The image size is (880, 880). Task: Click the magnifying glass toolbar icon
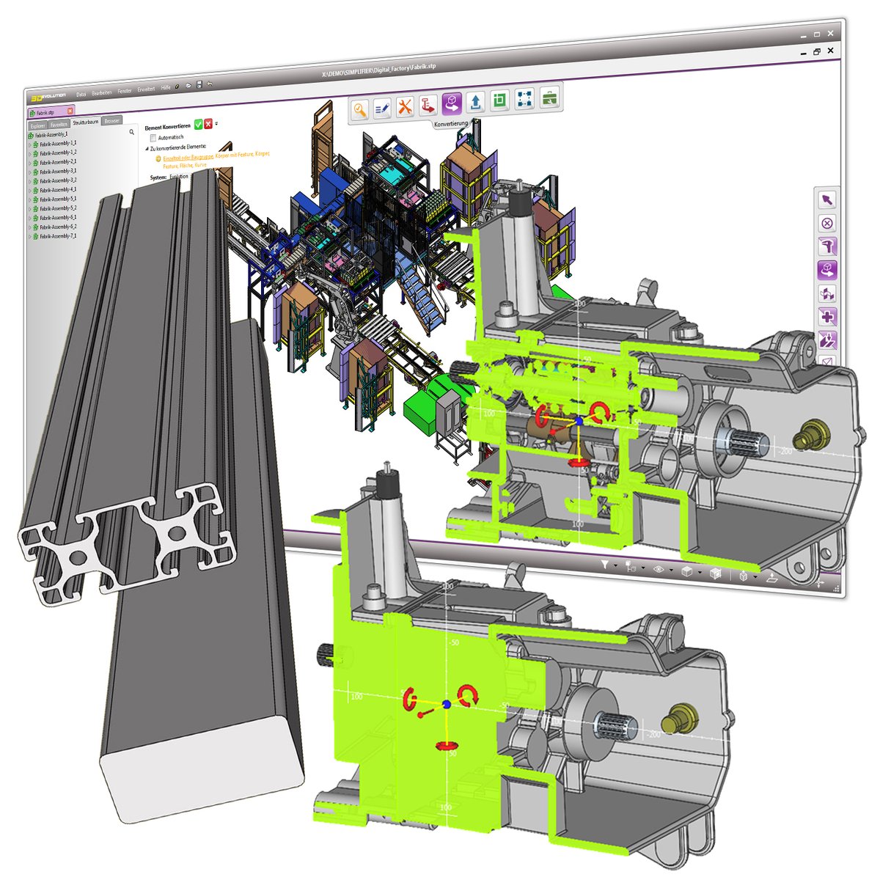(359, 109)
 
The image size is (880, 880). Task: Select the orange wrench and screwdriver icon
(405, 107)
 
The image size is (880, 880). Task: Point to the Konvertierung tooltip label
(451, 124)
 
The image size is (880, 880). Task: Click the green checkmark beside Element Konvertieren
(198, 125)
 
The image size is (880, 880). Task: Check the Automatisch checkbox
(153, 137)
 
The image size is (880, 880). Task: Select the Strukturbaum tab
(85, 122)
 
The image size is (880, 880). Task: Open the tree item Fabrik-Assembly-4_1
(57, 190)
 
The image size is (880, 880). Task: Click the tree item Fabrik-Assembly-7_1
(57, 236)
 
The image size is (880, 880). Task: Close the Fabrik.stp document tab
(70, 111)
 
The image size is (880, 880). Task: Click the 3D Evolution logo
(48, 95)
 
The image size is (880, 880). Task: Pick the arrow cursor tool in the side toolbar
(827, 200)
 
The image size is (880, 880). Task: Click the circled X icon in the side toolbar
(827, 224)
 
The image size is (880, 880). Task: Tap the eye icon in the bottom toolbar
(658, 569)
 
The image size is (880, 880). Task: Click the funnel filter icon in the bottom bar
(605, 565)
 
